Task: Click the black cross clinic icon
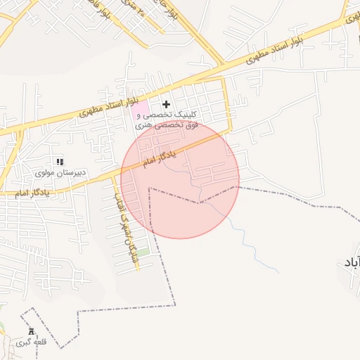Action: tap(166, 104)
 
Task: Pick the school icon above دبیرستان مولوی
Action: tap(59, 162)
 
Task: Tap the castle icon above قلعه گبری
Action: tap(31, 331)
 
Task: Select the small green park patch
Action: tap(143, 252)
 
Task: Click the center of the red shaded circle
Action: tap(180, 180)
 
